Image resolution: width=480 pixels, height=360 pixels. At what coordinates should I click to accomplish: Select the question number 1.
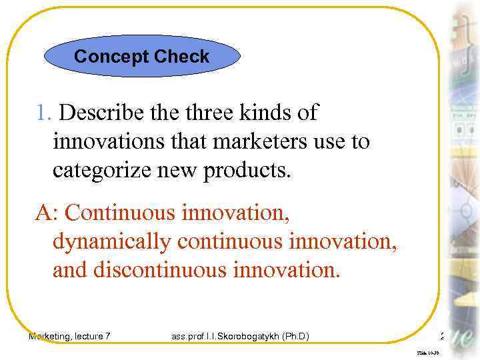coord(44,113)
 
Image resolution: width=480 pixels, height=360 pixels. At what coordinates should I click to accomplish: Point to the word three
coord(209,113)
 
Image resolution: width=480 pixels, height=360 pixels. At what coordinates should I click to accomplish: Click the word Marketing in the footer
coord(51,337)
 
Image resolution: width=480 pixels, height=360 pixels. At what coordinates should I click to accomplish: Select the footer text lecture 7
coord(94,337)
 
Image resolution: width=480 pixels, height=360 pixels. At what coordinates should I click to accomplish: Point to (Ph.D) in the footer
coord(295,337)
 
